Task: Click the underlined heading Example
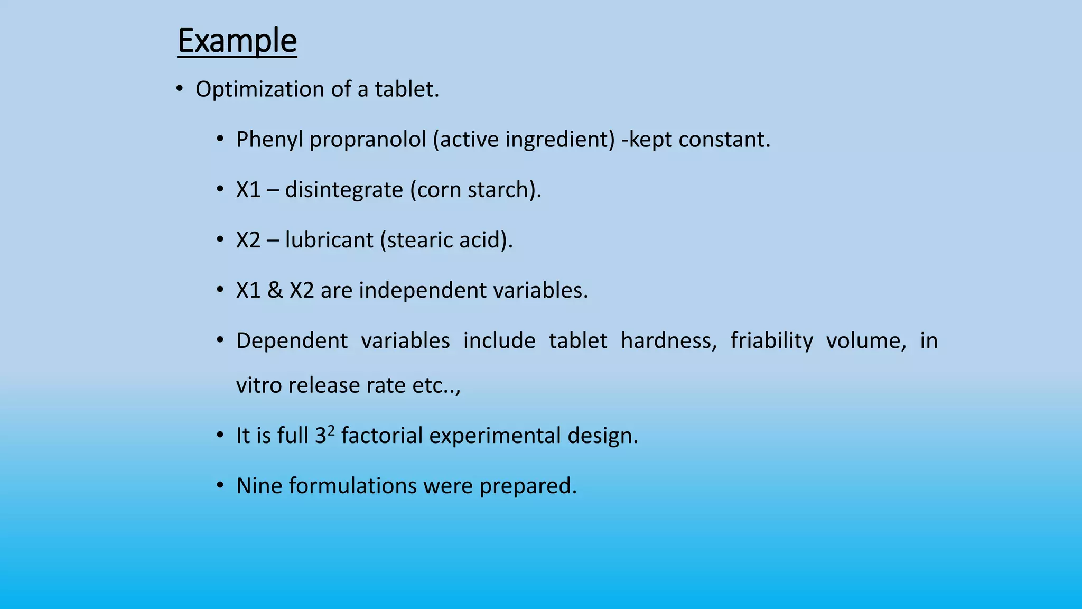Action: click(x=237, y=41)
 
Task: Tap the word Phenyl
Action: click(x=269, y=140)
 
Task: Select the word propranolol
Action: click(x=368, y=140)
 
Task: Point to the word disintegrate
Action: click(x=344, y=190)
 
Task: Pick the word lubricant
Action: click(x=329, y=240)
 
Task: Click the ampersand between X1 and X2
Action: click(x=275, y=290)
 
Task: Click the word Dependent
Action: click(x=292, y=340)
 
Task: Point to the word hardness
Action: click(x=668, y=340)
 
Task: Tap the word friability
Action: click(x=771, y=340)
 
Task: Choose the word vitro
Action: click(x=259, y=385)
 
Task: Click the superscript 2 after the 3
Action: click(x=331, y=430)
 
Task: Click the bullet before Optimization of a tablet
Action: click(x=180, y=89)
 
